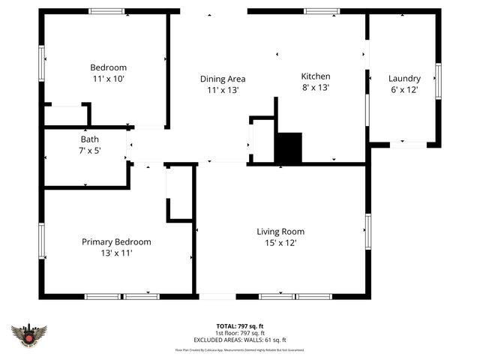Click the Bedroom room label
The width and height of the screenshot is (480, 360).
click(108, 67)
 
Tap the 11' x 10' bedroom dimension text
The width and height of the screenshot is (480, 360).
click(108, 78)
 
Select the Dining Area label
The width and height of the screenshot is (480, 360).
click(222, 79)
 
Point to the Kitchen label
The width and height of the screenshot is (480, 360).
click(315, 76)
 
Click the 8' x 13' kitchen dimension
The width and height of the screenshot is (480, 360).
click(315, 88)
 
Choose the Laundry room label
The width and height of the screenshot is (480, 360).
click(404, 78)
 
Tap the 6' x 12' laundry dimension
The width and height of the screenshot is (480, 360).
click(404, 89)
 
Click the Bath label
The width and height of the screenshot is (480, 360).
click(89, 139)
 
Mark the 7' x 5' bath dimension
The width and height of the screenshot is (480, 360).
click(89, 150)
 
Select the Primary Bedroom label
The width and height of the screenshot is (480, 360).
click(116, 241)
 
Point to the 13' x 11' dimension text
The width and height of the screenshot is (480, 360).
click(116, 253)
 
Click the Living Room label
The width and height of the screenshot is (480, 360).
click(280, 232)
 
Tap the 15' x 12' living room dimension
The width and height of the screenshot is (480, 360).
click(280, 243)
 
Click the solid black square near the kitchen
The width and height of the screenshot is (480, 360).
click(288, 148)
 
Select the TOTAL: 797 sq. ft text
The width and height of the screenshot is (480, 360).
click(240, 326)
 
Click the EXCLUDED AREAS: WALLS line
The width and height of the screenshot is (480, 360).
click(240, 340)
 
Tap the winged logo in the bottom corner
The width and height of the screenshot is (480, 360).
click(28, 335)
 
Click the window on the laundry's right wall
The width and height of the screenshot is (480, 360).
click(438, 81)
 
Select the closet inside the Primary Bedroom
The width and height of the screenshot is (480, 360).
click(180, 193)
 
